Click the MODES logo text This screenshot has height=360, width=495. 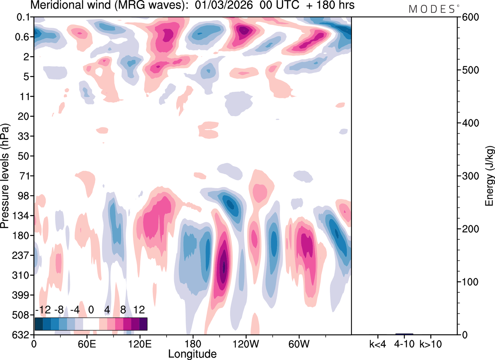coord(432,9)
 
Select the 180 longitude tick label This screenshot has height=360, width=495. coord(192,343)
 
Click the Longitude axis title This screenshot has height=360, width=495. coord(192,353)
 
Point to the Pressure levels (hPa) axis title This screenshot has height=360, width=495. coord(5,176)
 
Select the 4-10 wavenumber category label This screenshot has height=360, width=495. coord(404,343)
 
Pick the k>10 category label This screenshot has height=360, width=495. coord(431,343)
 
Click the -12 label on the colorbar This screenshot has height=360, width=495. coord(43,310)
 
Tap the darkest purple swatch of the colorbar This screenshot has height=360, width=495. coord(143,324)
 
